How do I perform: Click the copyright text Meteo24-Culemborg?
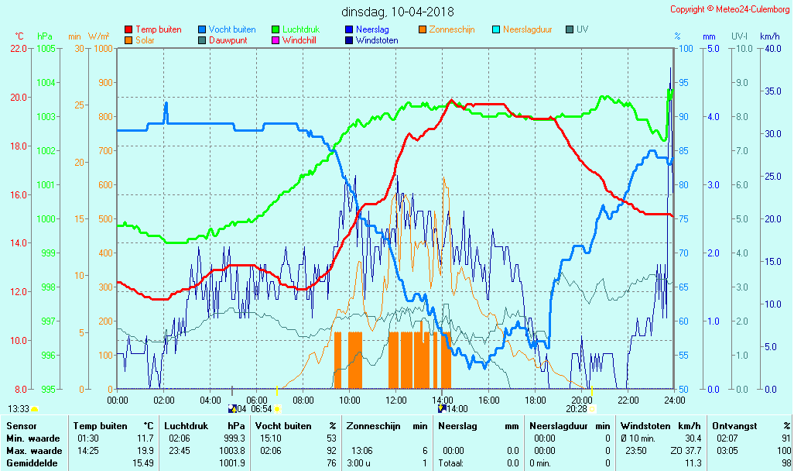[730, 9]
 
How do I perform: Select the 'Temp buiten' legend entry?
[158, 29]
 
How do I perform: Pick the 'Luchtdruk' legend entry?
[302, 29]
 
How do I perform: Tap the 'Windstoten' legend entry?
[377, 40]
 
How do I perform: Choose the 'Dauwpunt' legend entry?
[228, 40]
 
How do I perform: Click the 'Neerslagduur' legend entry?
[527, 29]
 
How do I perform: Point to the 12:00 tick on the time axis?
[396, 400]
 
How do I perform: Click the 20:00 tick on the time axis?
[582, 400]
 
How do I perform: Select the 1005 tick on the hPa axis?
[46, 48]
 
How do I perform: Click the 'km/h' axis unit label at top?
[769, 36]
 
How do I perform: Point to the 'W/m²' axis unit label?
[98, 36]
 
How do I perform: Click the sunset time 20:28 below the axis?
[576, 409]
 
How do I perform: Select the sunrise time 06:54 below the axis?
[262, 409]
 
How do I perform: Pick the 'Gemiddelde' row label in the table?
[33, 463]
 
